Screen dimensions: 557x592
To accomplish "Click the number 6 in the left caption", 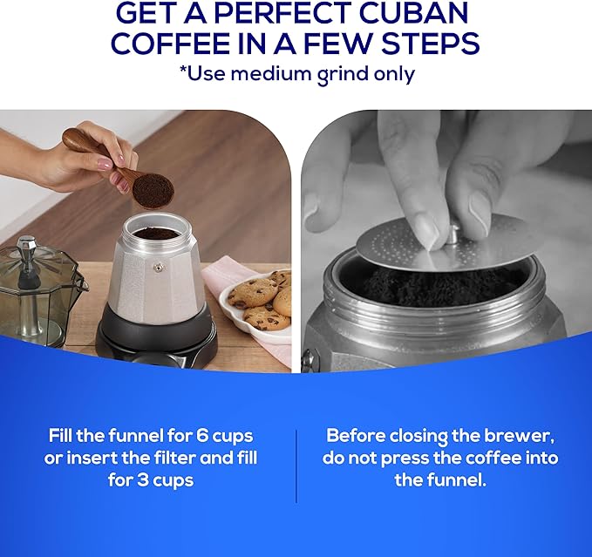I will [190, 435].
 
